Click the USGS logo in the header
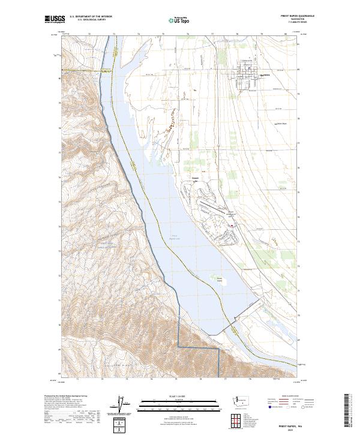pos(55,20)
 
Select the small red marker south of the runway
pos(232,226)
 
